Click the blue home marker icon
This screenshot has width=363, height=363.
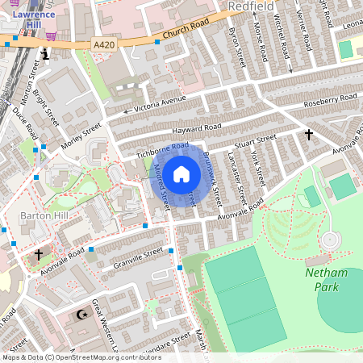[x=181, y=173]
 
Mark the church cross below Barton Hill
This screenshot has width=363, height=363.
[x=38, y=254]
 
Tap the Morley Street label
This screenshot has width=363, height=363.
[x=81, y=136]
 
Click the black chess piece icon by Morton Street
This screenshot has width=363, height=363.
[x=46, y=54]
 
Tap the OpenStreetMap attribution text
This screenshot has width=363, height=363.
[x=81, y=357]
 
